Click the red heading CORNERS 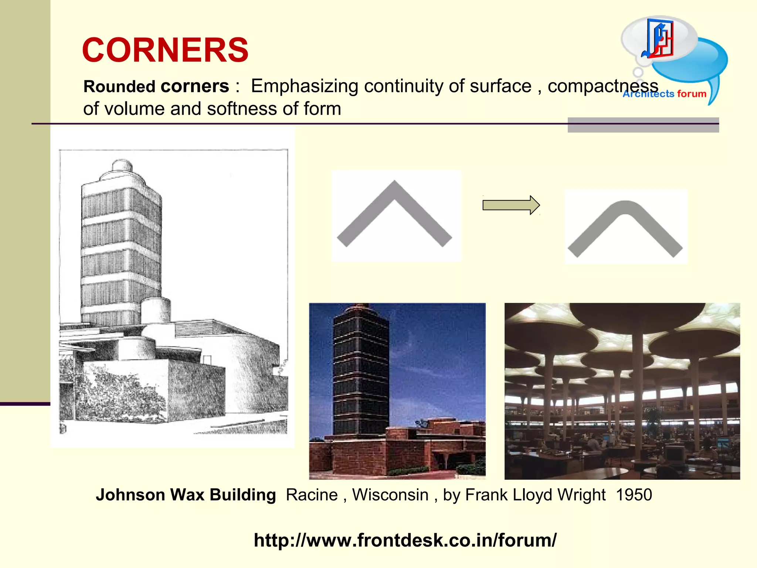165,50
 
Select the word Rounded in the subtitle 119,87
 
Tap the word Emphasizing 304,86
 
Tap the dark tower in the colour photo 360,370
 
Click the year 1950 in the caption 634,495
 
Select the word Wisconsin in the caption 390,495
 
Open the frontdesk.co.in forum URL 405,540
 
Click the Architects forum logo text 665,94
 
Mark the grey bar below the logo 643,125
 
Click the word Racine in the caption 312,495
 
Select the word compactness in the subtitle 602,86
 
